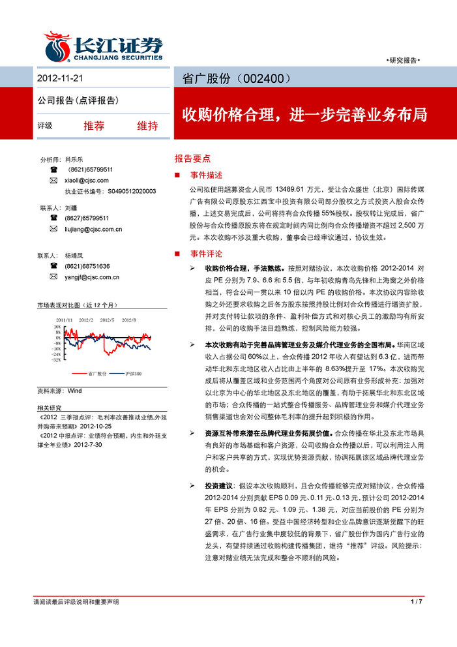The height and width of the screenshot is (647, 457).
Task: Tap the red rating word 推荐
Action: click(x=94, y=126)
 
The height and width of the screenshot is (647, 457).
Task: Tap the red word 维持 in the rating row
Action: click(x=147, y=126)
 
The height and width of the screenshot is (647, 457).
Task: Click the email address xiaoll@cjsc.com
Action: click(x=87, y=180)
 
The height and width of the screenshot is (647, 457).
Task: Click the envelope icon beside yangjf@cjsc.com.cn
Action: click(x=53, y=277)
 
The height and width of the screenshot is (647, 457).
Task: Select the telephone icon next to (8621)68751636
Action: click(x=53, y=266)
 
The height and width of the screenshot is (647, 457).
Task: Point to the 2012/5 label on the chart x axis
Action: click(x=108, y=320)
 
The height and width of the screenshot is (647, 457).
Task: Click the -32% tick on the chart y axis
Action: click(x=57, y=359)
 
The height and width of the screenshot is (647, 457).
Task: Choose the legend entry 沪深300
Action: click(x=134, y=374)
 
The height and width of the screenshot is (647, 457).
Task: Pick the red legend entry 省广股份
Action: click(x=97, y=374)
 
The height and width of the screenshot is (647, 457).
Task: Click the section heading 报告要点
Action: click(x=192, y=158)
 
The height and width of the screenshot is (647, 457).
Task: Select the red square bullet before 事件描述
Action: click(x=177, y=175)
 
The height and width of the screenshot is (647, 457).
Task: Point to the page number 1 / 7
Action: click(x=417, y=601)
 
